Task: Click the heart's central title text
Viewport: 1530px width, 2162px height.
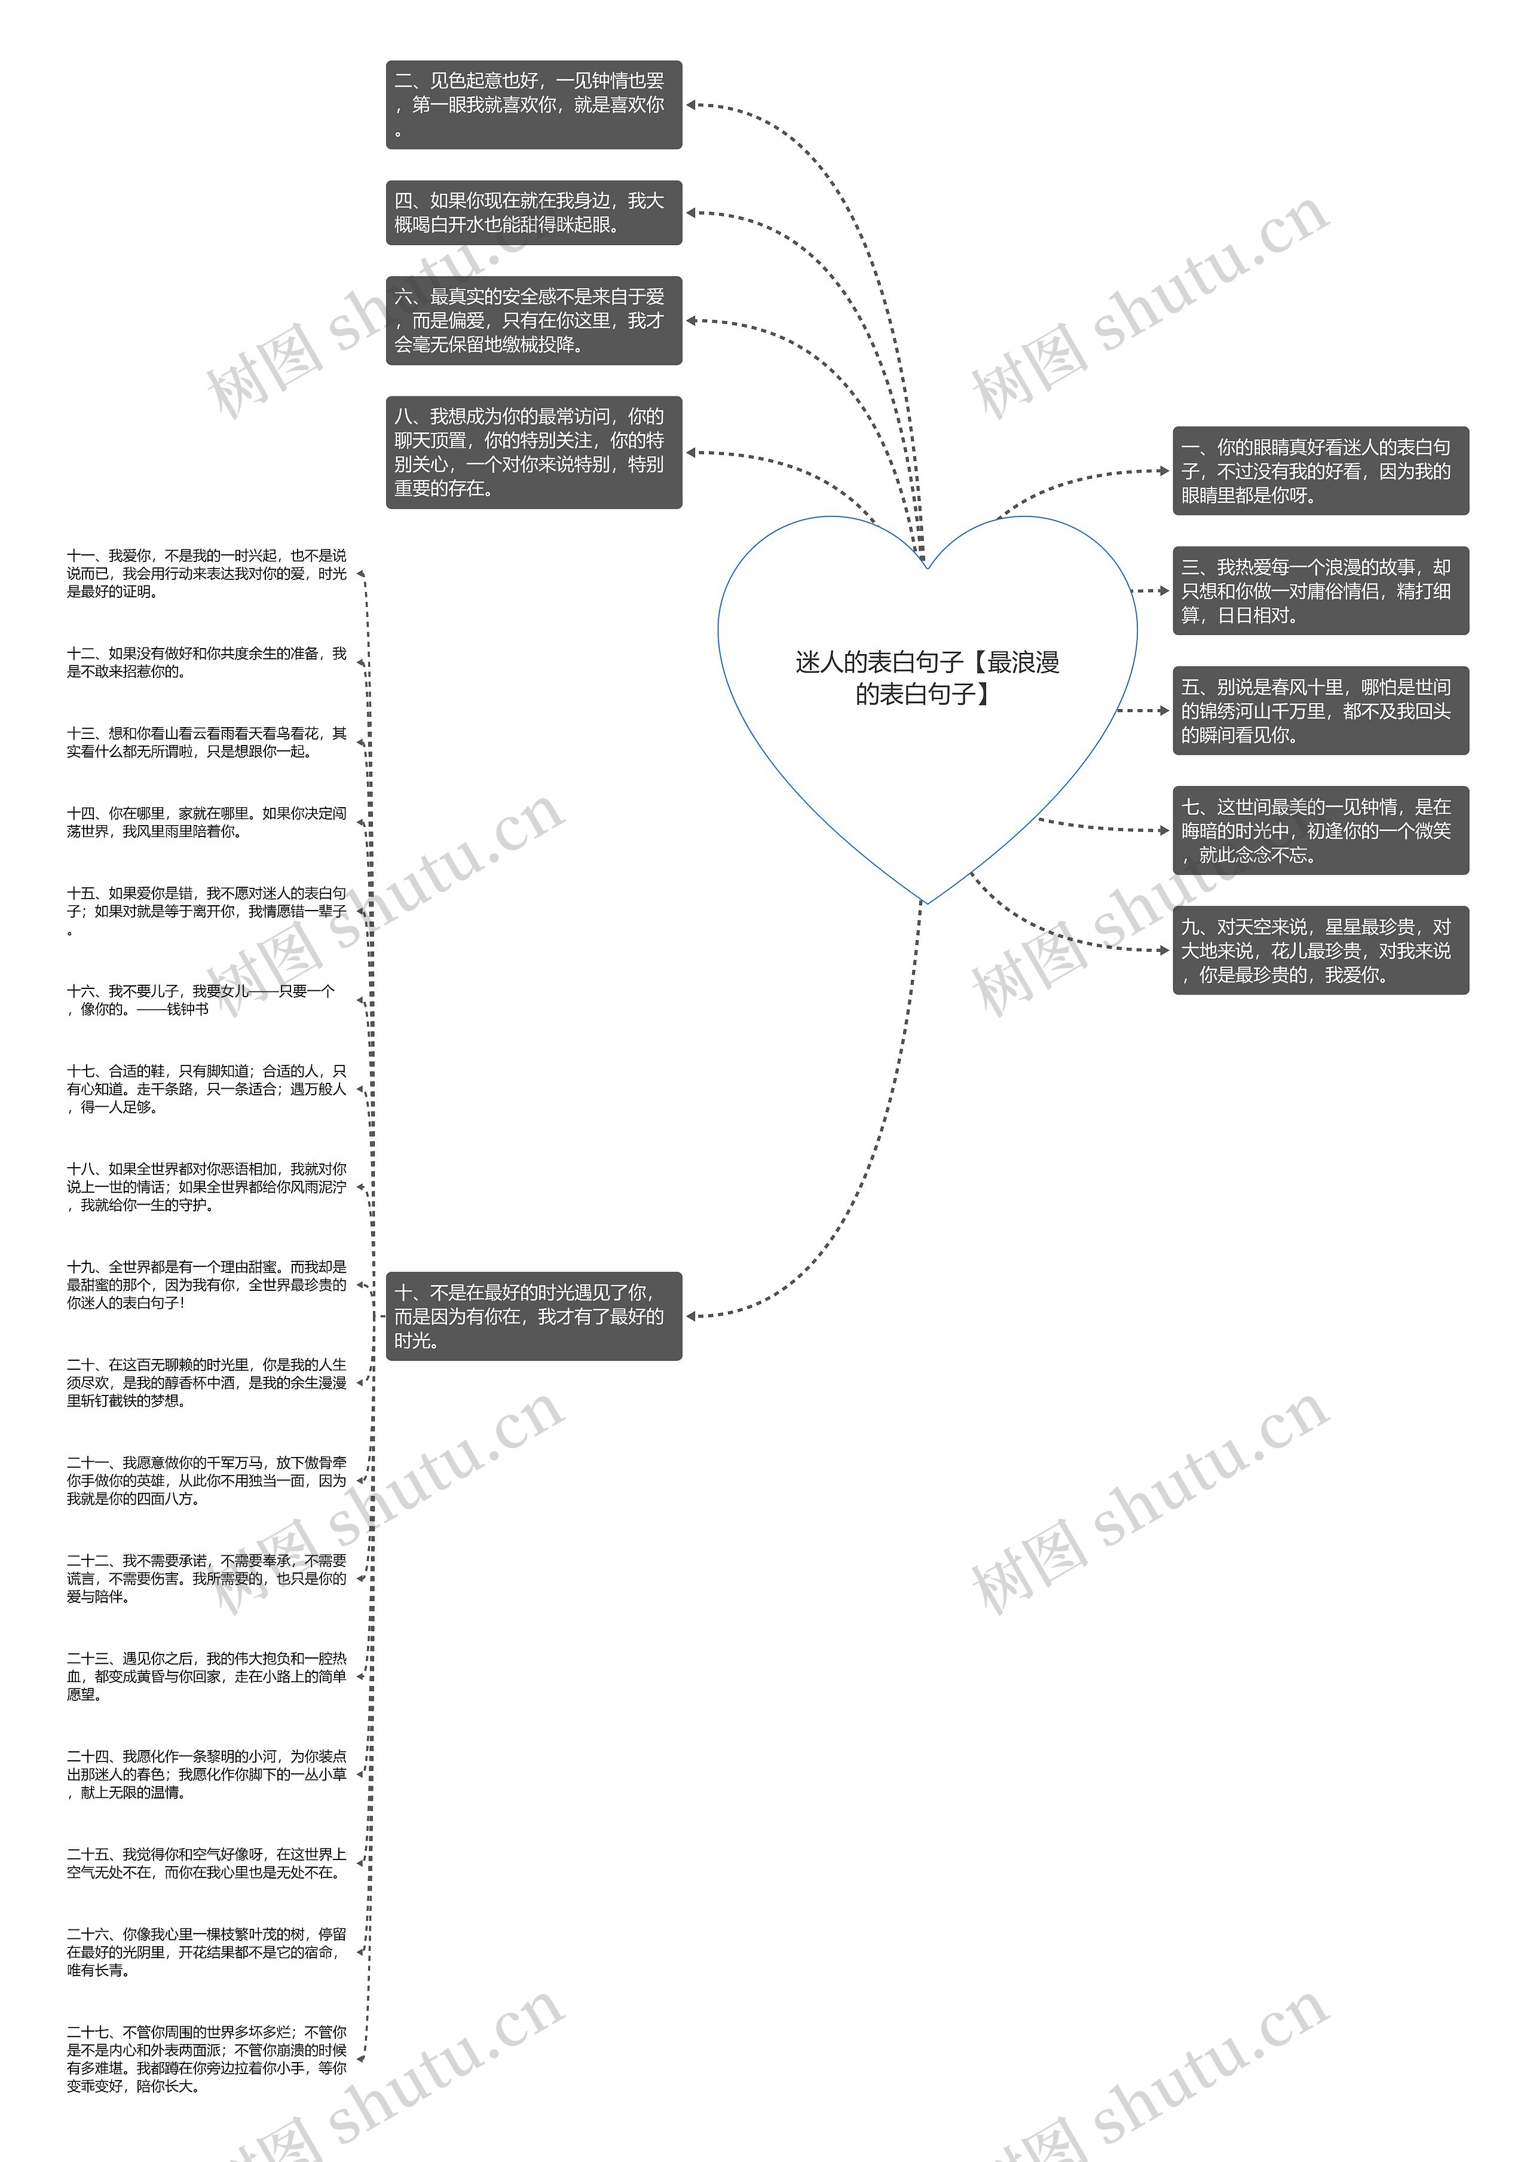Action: (x=927, y=677)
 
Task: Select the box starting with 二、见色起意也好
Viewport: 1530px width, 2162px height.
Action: (x=533, y=105)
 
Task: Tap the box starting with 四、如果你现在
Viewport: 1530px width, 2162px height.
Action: (x=533, y=213)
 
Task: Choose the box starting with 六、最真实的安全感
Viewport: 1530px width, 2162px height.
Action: (x=533, y=320)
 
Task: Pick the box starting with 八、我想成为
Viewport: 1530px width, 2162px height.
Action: (x=533, y=453)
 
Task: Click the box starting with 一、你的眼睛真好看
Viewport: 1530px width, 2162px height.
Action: (x=1319, y=471)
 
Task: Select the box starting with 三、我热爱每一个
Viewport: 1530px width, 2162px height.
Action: (x=1319, y=591)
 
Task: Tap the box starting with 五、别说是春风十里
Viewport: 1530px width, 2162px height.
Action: (x=1319, y=711)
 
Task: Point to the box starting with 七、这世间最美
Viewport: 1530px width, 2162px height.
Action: (x=1319, y=830)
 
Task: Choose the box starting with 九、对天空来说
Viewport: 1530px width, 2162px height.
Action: (x=1319, y=950)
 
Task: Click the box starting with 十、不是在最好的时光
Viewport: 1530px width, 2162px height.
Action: (x=533, y=1315)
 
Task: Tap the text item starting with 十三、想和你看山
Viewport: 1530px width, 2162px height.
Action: (x=206, y=742)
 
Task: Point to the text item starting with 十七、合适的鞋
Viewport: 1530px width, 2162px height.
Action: (x=206, y=1089)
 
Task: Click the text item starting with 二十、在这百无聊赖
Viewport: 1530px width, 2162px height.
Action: (x=206, y=1382)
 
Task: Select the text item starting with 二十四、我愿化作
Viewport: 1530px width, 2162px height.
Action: (x=206, y=1774)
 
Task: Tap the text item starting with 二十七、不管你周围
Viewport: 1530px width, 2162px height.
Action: (x=206, y=2059)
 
